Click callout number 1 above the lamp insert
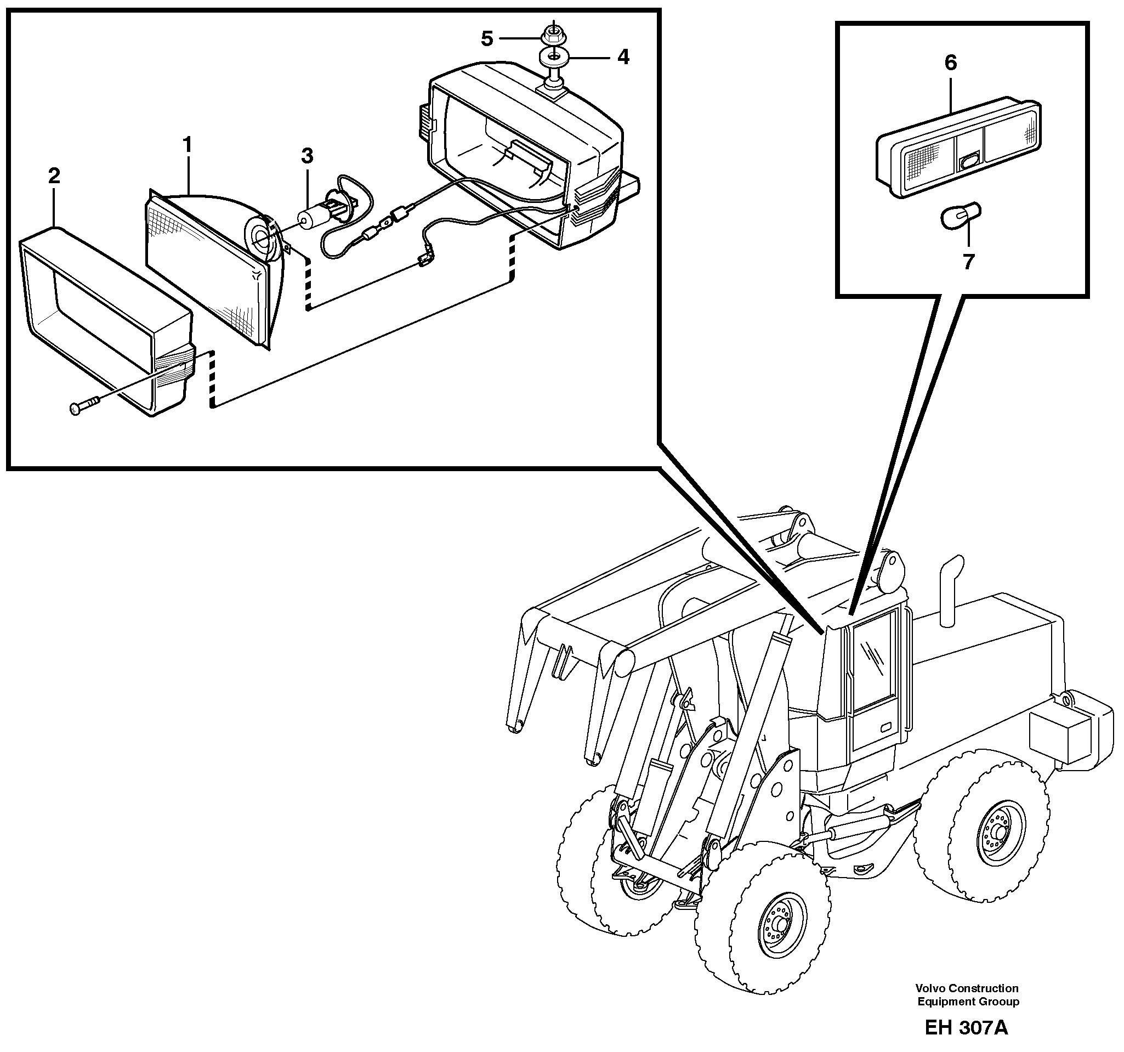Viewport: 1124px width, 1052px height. (x=187, y=145)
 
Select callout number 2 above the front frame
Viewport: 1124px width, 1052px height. (x=54, y=177)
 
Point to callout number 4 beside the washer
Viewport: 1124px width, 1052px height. (x=623, y=56)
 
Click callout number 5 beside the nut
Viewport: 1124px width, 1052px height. (x=487, y=38)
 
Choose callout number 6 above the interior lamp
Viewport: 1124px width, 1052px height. (x=950, y=62)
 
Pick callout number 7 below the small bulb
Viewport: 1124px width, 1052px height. (x=968, y=261)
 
